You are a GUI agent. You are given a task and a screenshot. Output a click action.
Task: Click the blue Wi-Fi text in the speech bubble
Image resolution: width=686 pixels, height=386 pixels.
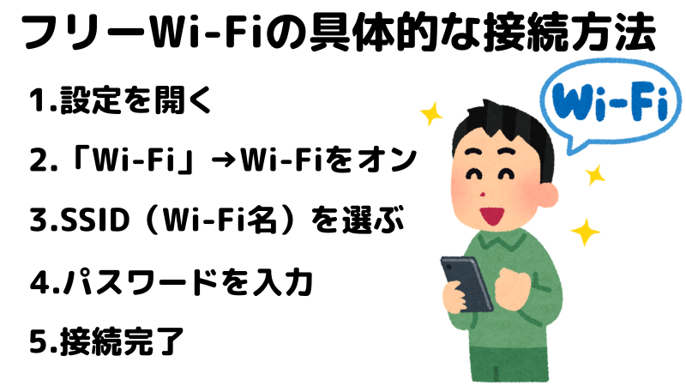pyautogui.click(x=610, y=103)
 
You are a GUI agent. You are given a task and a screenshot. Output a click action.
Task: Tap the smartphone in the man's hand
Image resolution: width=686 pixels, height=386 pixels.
pyautogui.click(x=466, y=284)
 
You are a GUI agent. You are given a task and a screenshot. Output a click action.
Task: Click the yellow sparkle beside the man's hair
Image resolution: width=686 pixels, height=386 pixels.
pyautogui.click(x=431, y=114)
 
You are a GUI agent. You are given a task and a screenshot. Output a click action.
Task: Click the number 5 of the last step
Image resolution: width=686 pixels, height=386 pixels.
pyautogui.click(x=39, y=341)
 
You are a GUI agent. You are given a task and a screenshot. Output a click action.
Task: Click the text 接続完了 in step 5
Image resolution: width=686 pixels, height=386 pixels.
pyautogui.click(x=122, y=341)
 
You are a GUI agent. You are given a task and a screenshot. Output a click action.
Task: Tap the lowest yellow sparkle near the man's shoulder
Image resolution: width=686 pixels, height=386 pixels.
pyautogui.click(x=585, y=232)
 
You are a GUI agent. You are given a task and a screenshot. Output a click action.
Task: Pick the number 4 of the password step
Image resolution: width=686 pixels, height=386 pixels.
pyautogui.click(x=39, y=281)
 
